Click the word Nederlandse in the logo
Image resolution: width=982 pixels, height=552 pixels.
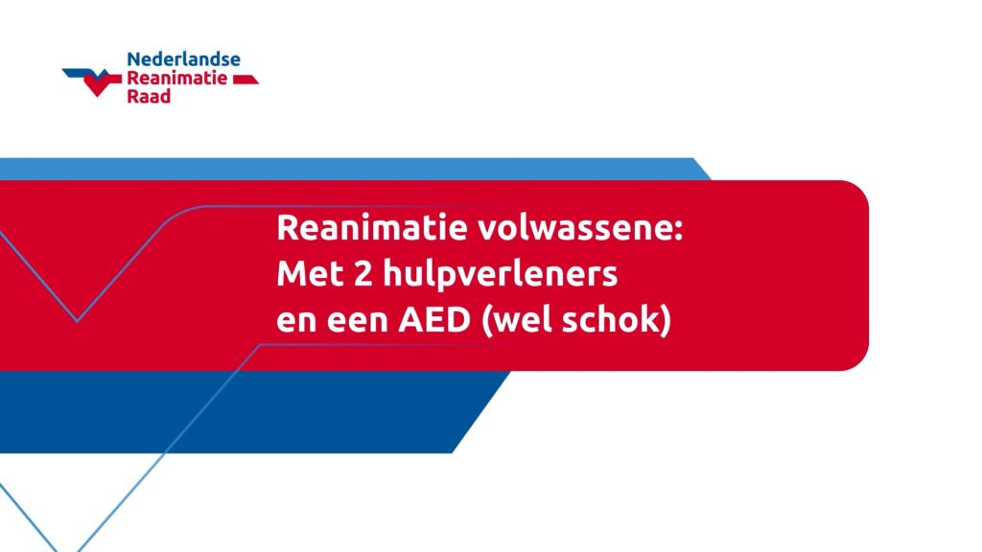tap(183, 59)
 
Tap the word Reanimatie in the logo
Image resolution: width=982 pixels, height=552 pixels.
tap(177, 79)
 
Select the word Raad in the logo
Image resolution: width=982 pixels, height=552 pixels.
tap(149, 97)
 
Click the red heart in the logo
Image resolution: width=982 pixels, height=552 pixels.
tap(99, 82)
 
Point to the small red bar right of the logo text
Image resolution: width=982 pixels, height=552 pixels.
tap(245, 80)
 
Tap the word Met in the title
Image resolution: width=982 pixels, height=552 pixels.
tap(310, 273)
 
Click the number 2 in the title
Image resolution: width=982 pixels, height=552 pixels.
tap(362, 273)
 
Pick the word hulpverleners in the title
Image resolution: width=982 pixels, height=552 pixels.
tap(501, 275)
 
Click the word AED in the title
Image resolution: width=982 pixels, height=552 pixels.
tap(434, 320)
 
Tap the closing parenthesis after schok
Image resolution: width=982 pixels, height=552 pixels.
tap(666, 321)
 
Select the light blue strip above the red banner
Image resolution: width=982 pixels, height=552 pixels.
tap(351, 169)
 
